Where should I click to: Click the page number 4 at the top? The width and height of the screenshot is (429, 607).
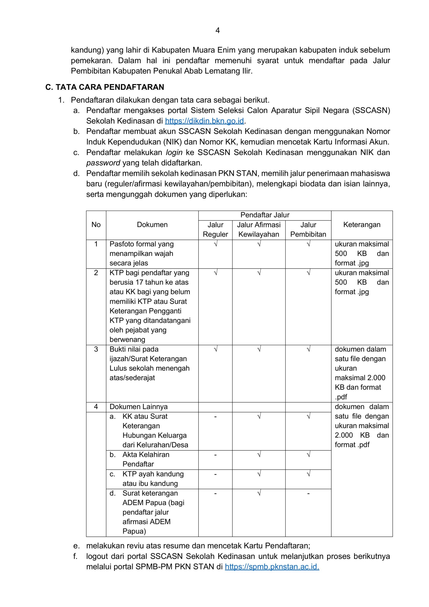(x=217, y=31)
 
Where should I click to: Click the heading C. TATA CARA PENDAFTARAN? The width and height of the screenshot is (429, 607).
(x=105, y=87)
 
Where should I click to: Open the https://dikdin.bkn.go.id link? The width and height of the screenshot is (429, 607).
(x=204, y=121)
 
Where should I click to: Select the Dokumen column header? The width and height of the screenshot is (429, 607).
(x=152, y=225)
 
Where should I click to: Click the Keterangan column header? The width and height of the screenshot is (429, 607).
(x=362, y=225)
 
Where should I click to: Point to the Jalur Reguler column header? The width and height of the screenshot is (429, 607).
(x=215, y=230)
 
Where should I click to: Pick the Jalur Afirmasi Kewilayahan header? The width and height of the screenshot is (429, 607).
(x=259, y=230)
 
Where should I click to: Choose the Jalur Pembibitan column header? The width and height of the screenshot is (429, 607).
(x=308, y=230)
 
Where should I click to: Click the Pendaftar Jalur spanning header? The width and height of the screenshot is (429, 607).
(x=265, y=215)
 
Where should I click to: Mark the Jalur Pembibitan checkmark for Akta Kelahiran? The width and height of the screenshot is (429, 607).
(x=308, y=455)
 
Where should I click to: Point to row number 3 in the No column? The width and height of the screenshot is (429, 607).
(x=96, y=349)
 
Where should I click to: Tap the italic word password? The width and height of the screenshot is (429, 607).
(x=103, y=163)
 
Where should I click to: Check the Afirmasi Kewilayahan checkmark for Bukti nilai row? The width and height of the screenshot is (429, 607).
(x=259, y=349)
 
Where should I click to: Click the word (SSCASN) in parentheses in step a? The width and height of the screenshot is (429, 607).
(x=371, y=110)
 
